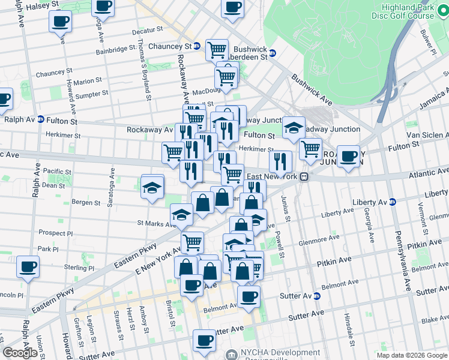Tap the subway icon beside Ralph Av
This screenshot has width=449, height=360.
click(x=40, y=119)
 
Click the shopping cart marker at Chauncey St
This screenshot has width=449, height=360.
click(x=216, y=50)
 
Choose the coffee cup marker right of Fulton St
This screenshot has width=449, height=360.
click(x=348, y=157)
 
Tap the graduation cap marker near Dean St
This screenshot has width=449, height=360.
click(x=152, y=185)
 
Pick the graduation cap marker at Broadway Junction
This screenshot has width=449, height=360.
click(x=294, y=128)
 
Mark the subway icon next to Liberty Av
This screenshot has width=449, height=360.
click(x=392, y=201)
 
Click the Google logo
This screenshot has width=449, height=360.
click(x=20, y=353)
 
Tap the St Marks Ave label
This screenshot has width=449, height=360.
click(x=155, y=223)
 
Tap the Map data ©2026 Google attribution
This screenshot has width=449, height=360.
click(x=411, y=355)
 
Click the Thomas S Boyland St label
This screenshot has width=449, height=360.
click(x=144, y=66)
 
